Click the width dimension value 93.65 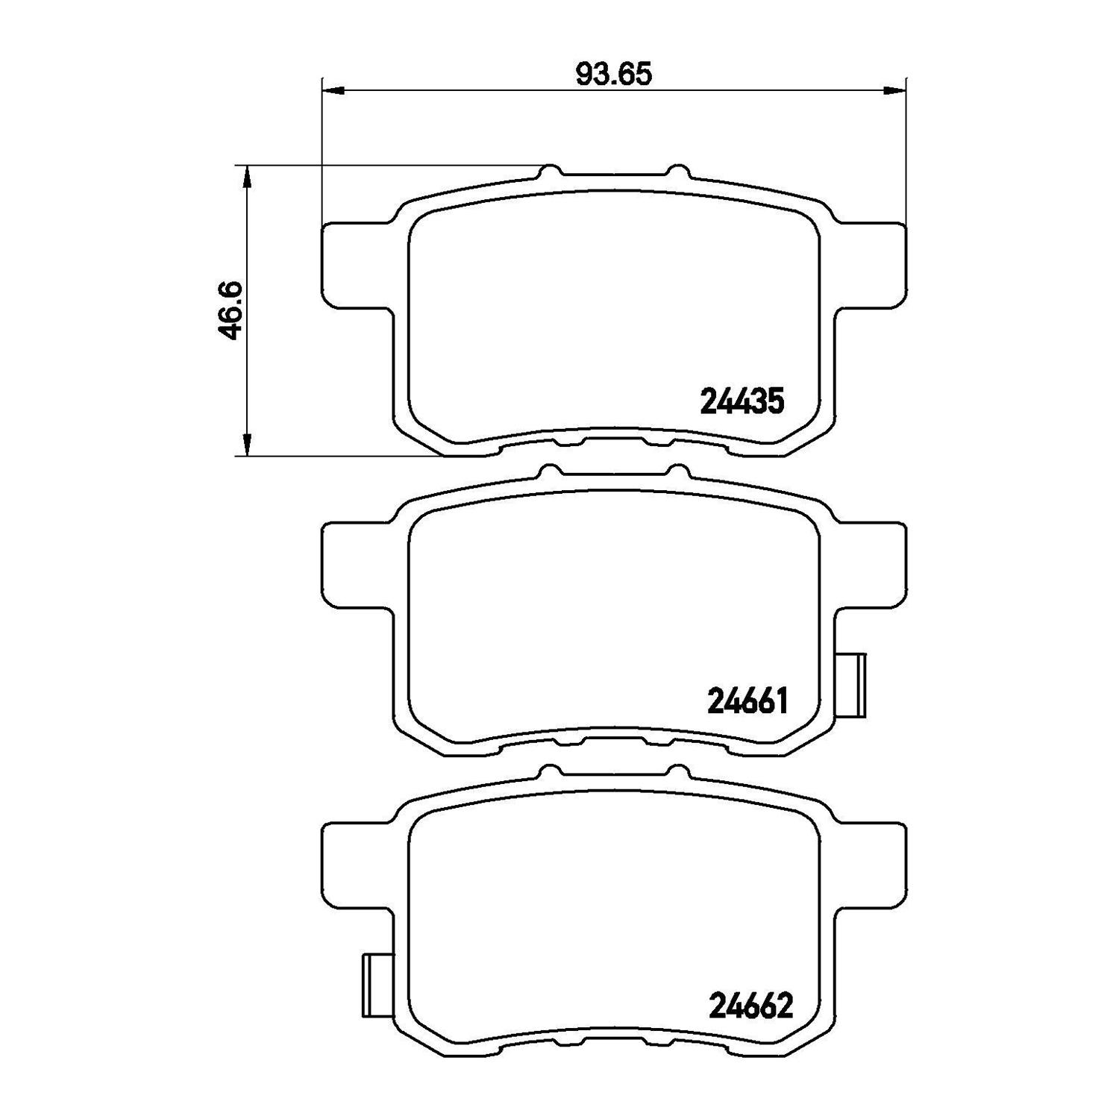614,74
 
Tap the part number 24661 747,701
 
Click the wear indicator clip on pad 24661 851,685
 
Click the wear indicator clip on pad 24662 377,985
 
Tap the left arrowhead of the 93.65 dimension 333,91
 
